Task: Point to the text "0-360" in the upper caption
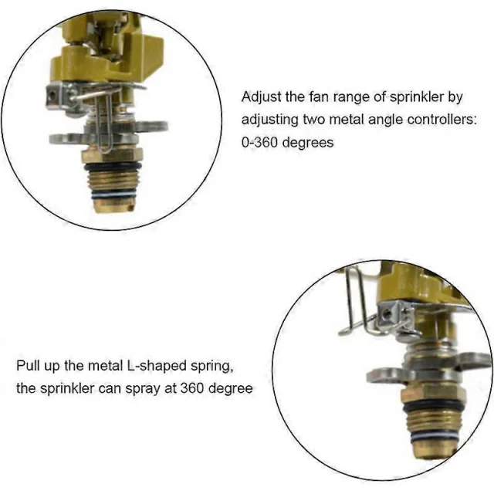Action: (259, 142)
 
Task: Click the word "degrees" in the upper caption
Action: (308, 143)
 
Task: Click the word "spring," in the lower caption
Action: (212, 367)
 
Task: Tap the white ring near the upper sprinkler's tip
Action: (114, 195)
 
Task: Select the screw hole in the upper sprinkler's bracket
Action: (53, 95)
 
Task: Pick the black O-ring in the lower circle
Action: (433, 407)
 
